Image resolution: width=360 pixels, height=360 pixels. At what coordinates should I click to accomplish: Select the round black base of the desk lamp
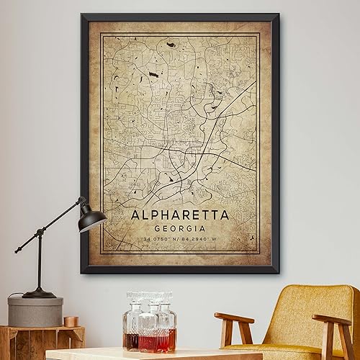(x=39, y=293)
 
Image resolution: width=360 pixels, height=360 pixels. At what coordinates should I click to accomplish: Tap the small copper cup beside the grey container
(x=71, y=321)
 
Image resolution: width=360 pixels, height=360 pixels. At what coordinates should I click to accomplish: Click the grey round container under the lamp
(x=35, y=312)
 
